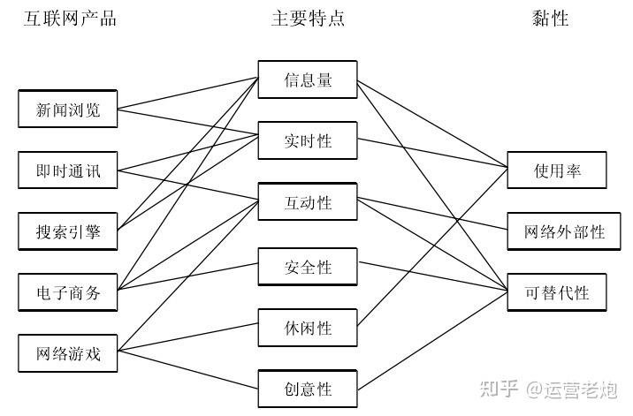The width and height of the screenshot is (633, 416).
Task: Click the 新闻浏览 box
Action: coord(68,110)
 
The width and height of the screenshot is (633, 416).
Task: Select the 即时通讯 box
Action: coord(68,170)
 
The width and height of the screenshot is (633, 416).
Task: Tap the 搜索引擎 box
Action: coord(68,232)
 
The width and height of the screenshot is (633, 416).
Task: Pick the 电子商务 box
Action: coord(68,293)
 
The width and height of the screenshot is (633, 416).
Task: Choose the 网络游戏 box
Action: coord(68,354)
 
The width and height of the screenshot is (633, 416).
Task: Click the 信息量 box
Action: coord(308,79)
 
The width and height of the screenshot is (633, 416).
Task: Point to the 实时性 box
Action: coord(308,140)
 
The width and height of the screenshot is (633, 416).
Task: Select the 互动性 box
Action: coord(308,202)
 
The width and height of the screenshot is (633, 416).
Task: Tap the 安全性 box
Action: coord(308,266)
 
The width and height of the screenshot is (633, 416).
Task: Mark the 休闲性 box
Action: coord(308,328)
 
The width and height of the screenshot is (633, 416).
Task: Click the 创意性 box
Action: coord(308,388)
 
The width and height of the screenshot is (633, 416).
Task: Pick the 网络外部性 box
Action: coord(557,231)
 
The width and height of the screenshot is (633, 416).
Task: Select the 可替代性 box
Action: coord(557,292)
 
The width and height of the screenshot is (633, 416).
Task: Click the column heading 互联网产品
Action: coord(69,19)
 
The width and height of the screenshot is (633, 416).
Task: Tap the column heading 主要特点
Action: coord(308,19)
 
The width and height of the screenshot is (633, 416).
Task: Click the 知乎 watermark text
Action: coord(498,389)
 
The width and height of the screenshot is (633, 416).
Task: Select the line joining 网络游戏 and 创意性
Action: coord(188,370)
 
